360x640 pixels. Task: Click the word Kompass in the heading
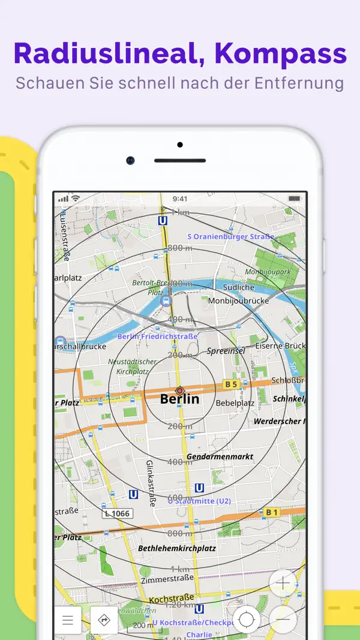pyautogui.click(x=280, y=54)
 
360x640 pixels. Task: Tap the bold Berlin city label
pyautogui.click(x=179, y=399)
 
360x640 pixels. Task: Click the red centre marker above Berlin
pyautogui.click(x=179, y=390)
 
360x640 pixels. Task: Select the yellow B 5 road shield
pyautogui.click(x=231, y=384)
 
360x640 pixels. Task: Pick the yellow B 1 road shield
pyautogui.click(x=271, y=512)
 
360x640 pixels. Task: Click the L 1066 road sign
pyautogui.click(x=117, y=513)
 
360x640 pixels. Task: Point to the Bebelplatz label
pyautogui.click(x=235, y=402)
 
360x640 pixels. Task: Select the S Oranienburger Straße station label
pyautogui.click(x=230, y=236)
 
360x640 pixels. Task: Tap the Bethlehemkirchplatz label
pyautogui.click(x=177, y=548)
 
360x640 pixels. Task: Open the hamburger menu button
pyautogui.click(x=68, y=620)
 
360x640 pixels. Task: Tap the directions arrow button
pyautogui.click(x=104, y=620)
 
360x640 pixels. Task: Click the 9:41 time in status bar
pyautogui.click(x=179, y=199)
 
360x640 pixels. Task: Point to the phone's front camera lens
pyautogui.click(x=130, y=160)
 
